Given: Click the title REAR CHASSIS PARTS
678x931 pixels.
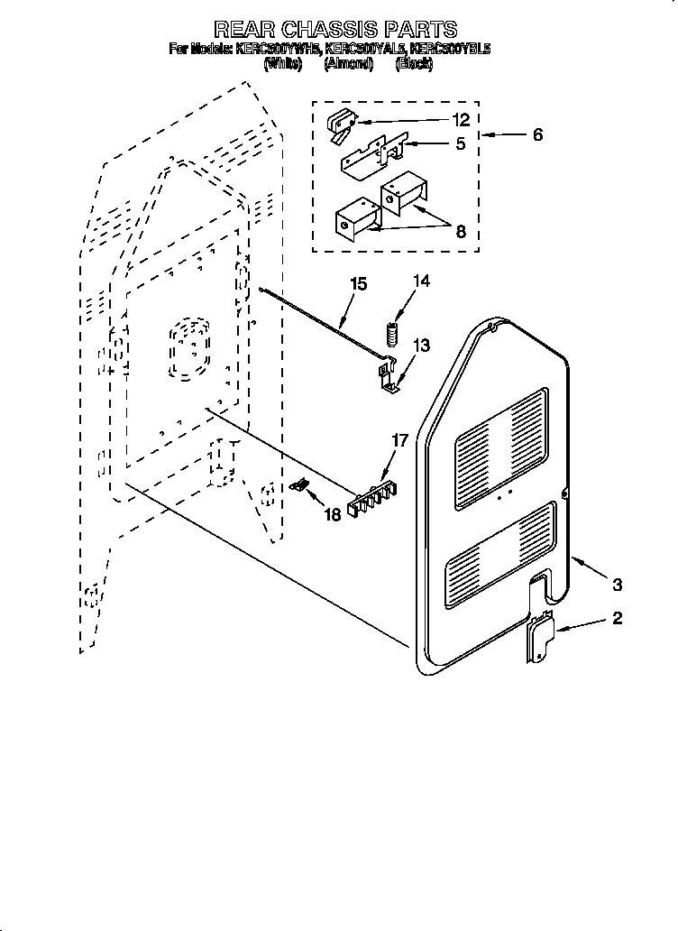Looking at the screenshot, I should [335, 30].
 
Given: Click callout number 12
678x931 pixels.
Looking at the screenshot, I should [461, 119].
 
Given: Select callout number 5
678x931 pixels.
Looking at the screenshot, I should [461, 143].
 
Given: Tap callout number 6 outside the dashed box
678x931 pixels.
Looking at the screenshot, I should [537, 135].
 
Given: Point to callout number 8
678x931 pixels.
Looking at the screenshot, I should [461, 231].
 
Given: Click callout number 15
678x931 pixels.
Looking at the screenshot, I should [358, 284].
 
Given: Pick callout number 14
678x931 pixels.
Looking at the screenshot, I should [421, 281].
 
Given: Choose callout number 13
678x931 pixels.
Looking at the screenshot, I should [421, 346].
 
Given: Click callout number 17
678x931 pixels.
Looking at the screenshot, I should [399, 441].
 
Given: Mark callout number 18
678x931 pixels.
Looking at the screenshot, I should [332, 514].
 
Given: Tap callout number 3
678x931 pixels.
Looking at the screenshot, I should [617, 585].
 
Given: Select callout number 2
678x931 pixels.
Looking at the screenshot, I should [617, 619].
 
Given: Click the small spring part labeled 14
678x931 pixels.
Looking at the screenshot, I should [392, 333].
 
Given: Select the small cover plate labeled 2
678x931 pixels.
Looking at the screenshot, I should [539, 640].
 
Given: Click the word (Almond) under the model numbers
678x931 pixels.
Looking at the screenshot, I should [348, 64].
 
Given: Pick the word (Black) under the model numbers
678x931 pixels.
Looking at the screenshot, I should [414, 64].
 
